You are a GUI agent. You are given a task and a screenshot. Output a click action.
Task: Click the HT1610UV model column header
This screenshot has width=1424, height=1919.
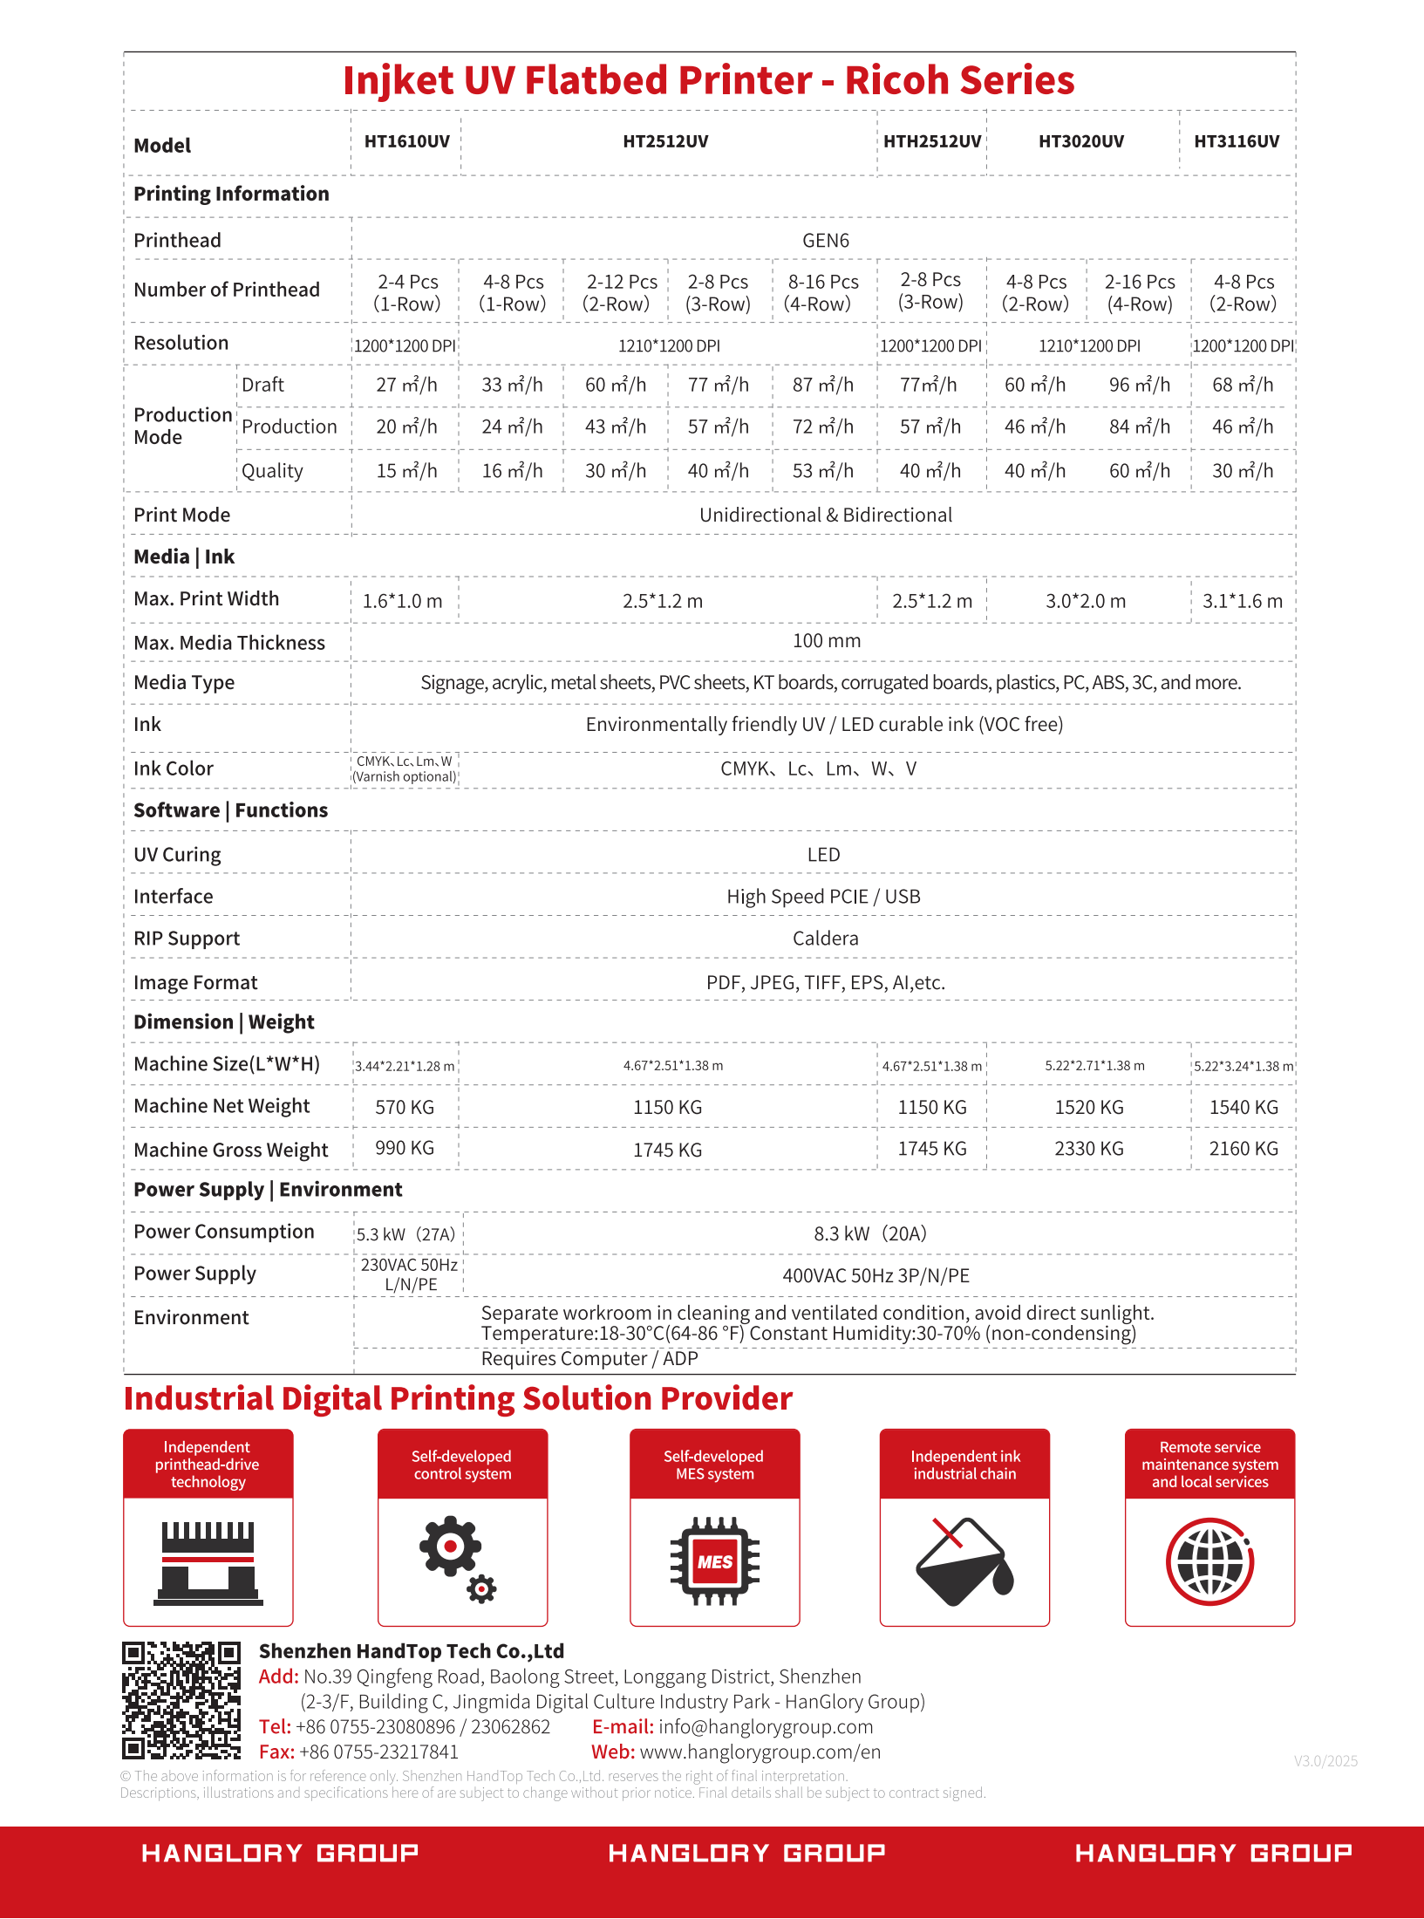coord(406,141)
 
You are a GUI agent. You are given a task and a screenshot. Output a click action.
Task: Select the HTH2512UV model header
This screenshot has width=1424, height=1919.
coord(931,141)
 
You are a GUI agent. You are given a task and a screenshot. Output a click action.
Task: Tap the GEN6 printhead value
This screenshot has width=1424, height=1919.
coord(825,241)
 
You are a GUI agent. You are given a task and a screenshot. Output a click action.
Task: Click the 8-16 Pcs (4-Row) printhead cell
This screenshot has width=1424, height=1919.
coord(822,293)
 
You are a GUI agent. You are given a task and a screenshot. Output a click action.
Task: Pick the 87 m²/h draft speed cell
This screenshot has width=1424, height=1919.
coord(822,385)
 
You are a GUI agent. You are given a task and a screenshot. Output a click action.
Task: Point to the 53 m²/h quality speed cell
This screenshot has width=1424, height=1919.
coord(822,471)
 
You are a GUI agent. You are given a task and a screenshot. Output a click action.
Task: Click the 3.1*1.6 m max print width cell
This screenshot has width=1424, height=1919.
coord(1242,601)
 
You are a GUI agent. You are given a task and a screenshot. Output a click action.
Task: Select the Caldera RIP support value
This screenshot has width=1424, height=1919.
coord(825,939)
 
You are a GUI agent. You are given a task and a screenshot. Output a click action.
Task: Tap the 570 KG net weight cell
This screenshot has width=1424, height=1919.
coord(404,1107)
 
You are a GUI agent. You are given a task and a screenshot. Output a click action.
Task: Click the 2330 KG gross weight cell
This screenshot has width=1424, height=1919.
coord(1088,1149)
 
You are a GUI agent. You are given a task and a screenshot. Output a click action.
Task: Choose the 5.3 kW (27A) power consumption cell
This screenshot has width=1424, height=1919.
coord(405,1234)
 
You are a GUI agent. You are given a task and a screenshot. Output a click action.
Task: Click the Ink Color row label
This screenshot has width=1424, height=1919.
coord(174,768)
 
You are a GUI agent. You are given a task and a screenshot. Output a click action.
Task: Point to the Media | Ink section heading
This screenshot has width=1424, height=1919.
coord(184,557)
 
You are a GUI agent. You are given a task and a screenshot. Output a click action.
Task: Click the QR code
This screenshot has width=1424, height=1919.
coord(181,1700)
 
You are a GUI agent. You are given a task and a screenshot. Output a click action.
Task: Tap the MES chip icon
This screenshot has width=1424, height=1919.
coord(714,1561)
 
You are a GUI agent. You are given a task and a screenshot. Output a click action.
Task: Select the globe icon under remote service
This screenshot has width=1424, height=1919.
coord(1209,1561)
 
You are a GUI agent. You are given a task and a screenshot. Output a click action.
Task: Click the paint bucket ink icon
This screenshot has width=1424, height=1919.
coord(964,1561)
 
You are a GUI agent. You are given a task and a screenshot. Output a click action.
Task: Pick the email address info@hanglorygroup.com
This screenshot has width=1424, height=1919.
coord(765,1727)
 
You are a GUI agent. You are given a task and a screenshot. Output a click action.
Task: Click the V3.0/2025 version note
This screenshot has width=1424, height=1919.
coord(1325,1761)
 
